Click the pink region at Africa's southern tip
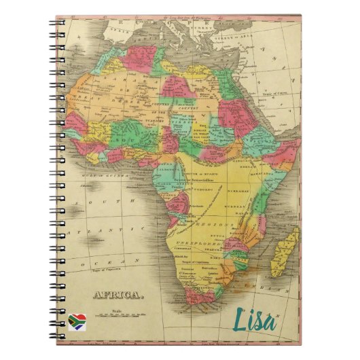[197, 300]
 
